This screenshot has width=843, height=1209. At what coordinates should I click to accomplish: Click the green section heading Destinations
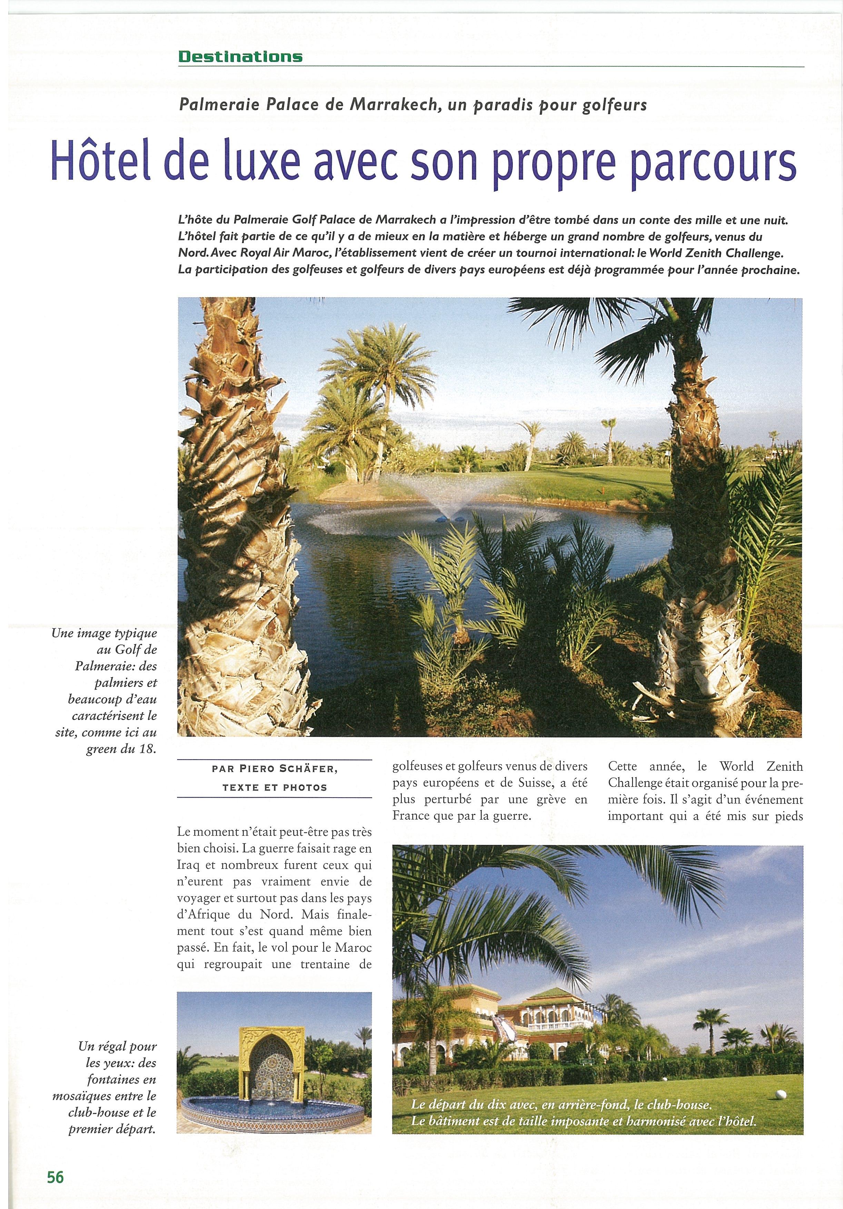[240, 57]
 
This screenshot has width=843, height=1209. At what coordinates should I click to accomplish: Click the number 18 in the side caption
[148, 749]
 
